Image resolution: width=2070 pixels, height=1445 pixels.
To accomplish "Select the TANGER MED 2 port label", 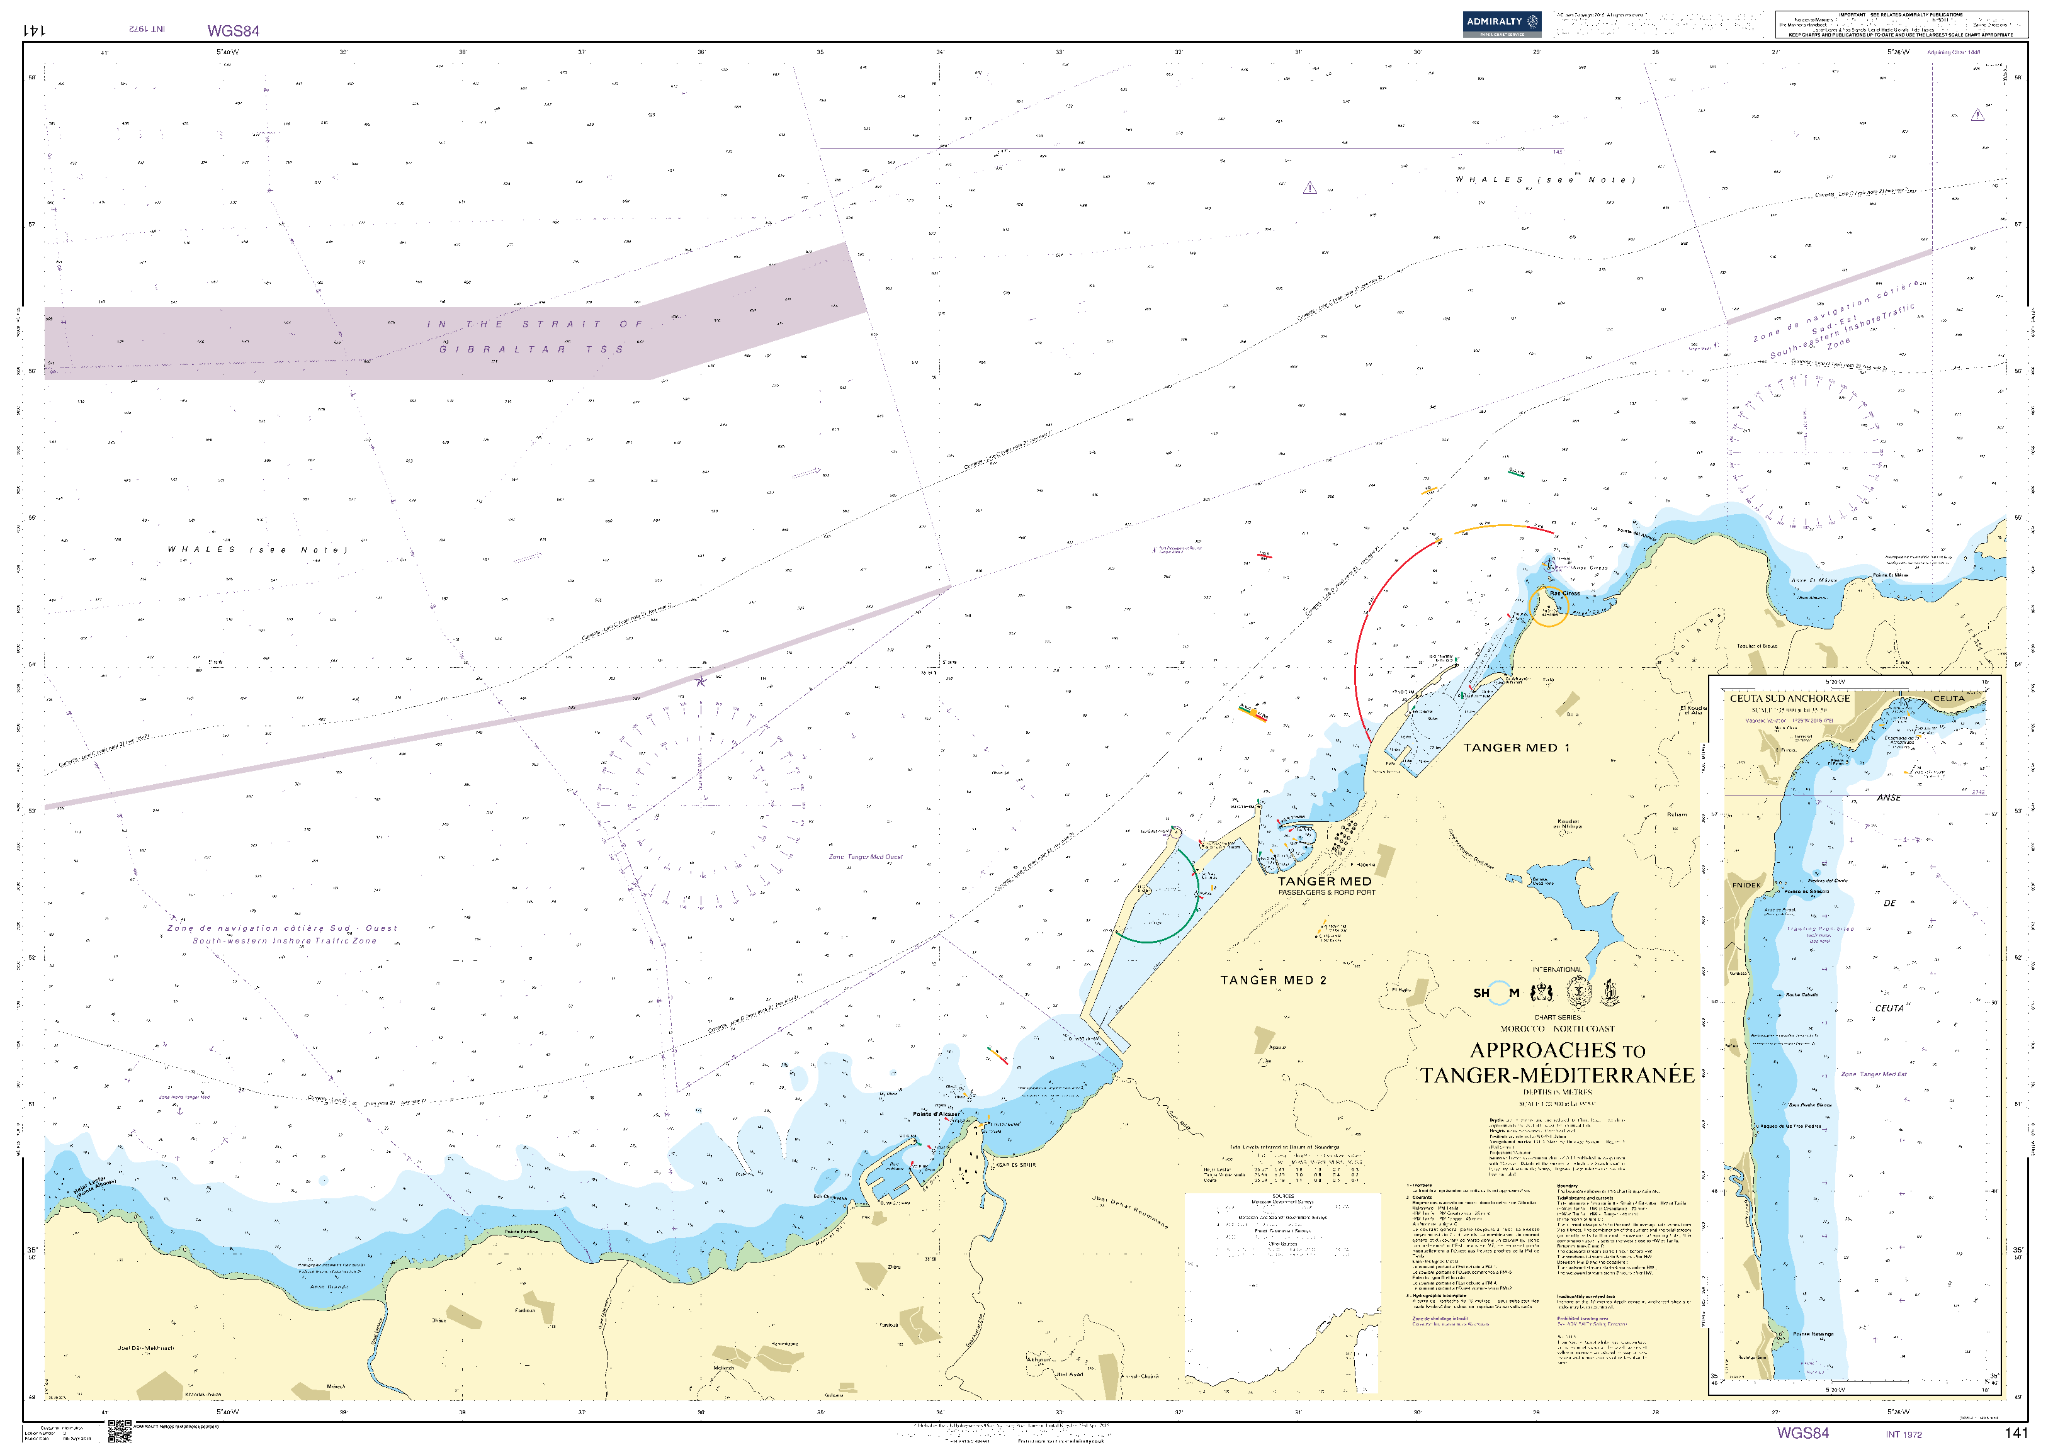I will click(x=1273, y=980).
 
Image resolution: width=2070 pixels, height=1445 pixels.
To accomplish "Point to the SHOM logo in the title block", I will click(x=1496, y=992).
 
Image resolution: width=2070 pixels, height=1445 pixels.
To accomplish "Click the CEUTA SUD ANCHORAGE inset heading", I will click(x=1789, y=698).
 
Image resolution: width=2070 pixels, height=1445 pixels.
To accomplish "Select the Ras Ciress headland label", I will click(x=1564, y=593).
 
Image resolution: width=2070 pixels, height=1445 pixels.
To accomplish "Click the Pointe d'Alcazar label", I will click(x=936, y=1114).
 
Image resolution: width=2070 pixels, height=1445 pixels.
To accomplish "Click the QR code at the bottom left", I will click(x=119, y=1431).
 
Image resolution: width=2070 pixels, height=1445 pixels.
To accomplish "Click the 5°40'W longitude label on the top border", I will click(x=227, y=52).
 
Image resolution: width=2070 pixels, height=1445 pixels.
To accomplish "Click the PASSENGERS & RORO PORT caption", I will click(x=1326, y=892).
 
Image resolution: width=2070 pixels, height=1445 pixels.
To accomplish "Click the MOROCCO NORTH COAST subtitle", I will click(x=1557, y=1028).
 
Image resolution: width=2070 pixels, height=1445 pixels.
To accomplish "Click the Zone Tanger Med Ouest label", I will click(x=866, y=857).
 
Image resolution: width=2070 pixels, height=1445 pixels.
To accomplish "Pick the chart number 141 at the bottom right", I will click(x=2016, y=1432).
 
